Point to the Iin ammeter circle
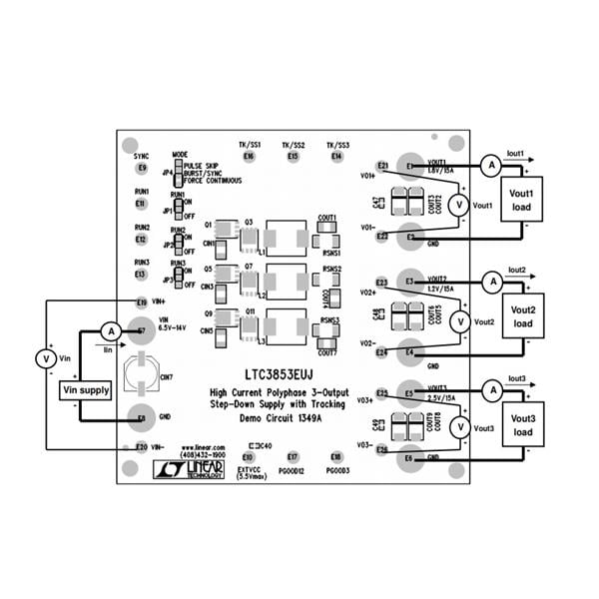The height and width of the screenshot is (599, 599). tap(113, 330)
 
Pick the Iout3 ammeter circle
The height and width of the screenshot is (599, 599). tap(490, 388)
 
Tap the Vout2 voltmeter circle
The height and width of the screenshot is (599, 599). tap(459, 321)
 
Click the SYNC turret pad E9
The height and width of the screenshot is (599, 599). tap(141, 168)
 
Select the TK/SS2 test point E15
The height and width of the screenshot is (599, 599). tap(292, 157)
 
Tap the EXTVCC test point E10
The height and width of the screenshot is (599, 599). tap(247, 456)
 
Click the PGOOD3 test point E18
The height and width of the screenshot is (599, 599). tap(336, 456)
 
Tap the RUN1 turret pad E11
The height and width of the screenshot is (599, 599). tap(141, 204)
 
